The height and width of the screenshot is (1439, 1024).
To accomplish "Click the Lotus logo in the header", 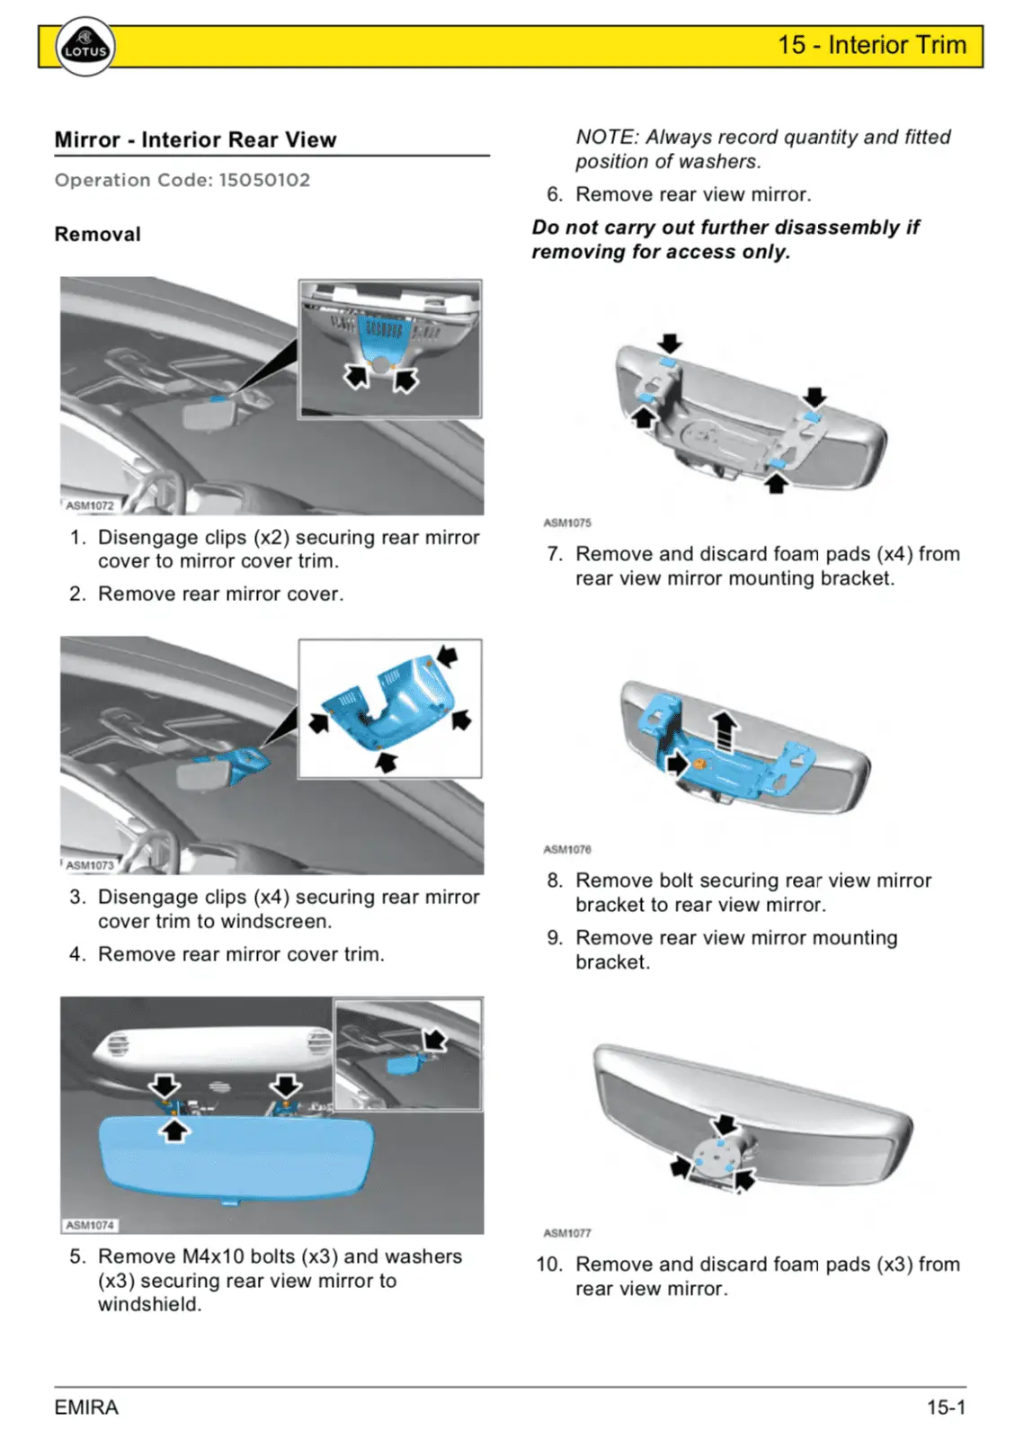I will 85,48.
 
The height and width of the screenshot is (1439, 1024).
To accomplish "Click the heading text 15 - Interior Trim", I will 871,45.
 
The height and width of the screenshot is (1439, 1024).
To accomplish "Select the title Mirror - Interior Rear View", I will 195,140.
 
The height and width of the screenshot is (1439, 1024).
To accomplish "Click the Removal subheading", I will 97,235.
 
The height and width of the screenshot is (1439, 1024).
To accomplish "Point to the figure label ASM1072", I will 90,505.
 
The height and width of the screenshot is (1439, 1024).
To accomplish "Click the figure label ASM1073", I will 90,865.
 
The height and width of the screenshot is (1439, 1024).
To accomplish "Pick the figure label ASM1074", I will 90,1225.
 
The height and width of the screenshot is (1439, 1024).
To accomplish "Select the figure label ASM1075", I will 567,523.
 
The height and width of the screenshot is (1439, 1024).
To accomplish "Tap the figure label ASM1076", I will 567,849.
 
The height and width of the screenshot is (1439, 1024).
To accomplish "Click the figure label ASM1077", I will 567,1233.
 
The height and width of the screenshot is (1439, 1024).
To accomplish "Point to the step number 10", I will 548,1265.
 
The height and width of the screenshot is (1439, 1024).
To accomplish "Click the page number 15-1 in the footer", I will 946,1408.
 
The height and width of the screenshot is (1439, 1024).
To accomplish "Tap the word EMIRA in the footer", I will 86,1408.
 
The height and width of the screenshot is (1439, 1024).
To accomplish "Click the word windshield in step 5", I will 148,1305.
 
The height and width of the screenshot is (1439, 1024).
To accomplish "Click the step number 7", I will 554,555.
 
